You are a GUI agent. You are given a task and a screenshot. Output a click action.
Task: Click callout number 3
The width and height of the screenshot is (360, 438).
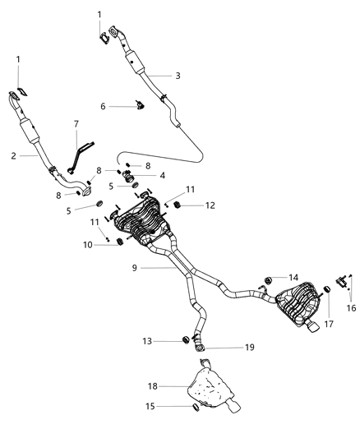point(178,76)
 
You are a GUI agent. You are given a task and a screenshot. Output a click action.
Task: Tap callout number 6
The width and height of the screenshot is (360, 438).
point(103,106)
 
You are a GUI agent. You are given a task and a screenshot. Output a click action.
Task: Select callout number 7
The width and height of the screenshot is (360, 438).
point(76,124)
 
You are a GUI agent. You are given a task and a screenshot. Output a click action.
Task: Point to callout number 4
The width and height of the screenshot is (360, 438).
point(162,174)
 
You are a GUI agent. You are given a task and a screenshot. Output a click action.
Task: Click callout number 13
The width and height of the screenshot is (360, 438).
point(148,339)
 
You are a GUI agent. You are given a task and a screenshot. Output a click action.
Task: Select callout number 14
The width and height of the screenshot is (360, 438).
point(293,277)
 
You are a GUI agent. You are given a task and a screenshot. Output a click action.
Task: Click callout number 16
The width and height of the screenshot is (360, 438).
point(351,308)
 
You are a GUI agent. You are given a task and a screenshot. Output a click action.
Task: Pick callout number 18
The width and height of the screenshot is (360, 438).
point(152,385)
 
